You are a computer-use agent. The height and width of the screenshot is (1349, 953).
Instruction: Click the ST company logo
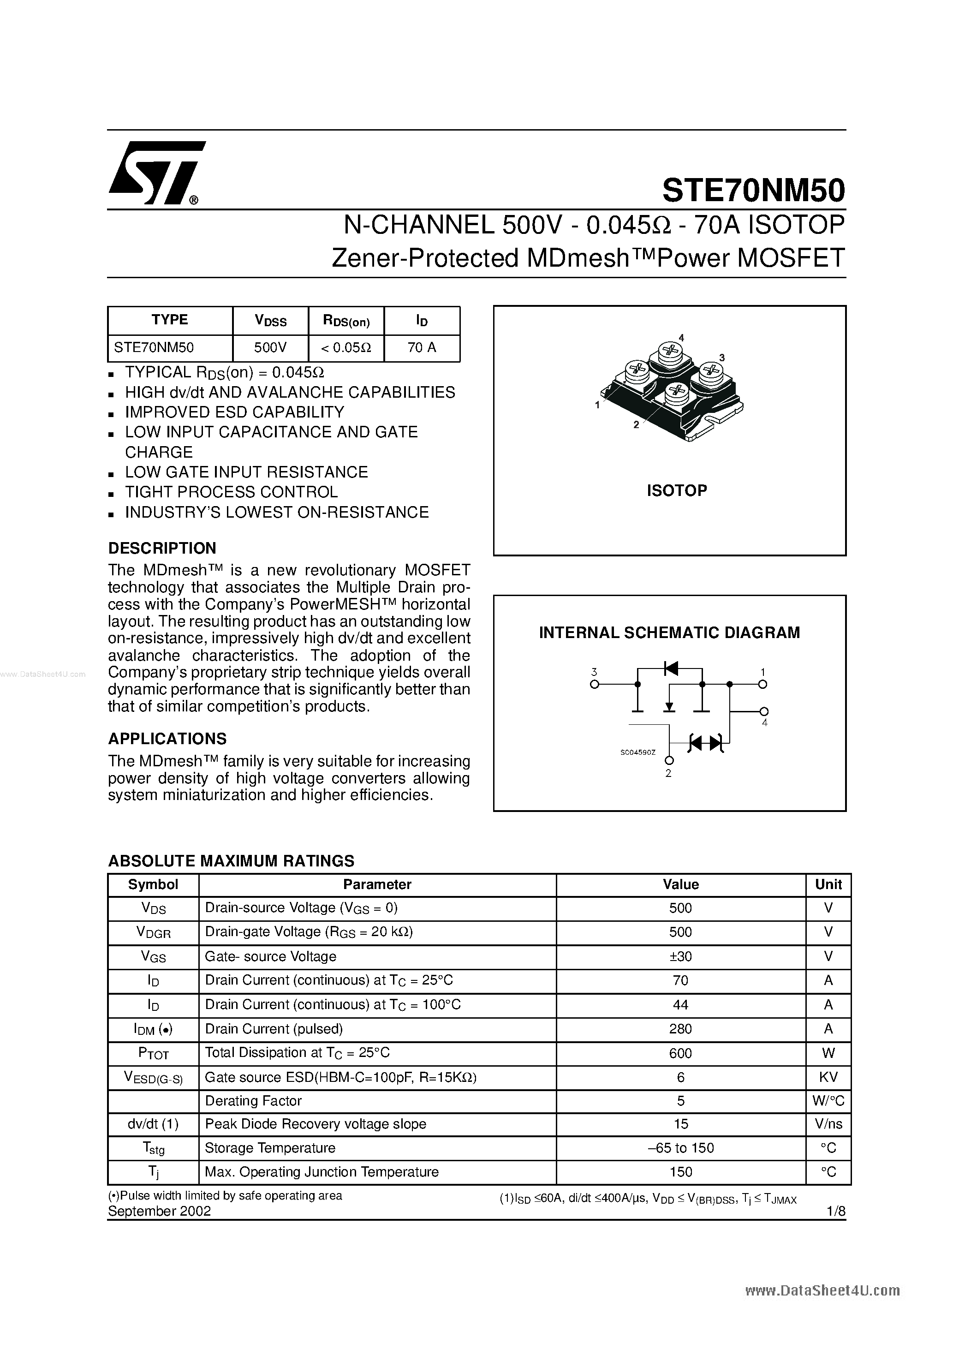point(156,173)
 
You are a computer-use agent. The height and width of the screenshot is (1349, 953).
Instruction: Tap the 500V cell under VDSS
point(270,347)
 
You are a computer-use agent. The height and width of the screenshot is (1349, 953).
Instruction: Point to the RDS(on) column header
point(346,320)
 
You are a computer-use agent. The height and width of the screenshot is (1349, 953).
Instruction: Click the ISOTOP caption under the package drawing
point(677,490)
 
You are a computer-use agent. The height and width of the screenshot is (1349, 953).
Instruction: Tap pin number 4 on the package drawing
point(681,337)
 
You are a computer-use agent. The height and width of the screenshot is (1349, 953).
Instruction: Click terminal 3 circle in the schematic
point(594,684)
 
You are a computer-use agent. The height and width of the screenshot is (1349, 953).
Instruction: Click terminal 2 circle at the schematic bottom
point(669,761)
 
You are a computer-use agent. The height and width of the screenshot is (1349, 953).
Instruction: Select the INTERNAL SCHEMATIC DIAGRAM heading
point(669,633)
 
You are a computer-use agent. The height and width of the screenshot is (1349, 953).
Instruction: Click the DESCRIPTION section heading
point(162,548)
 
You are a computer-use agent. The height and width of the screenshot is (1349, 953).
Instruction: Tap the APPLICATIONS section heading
point(167,739)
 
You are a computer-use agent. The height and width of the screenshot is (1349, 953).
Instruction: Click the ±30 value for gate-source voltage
point(680,956)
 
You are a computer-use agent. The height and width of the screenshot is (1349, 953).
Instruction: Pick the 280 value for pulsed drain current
point(680,1029)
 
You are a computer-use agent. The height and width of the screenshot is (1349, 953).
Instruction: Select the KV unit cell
point(828,1077)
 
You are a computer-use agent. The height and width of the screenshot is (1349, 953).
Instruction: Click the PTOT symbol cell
point(153,1053)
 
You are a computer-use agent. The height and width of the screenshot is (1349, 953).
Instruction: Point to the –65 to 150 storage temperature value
point(680,1148)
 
